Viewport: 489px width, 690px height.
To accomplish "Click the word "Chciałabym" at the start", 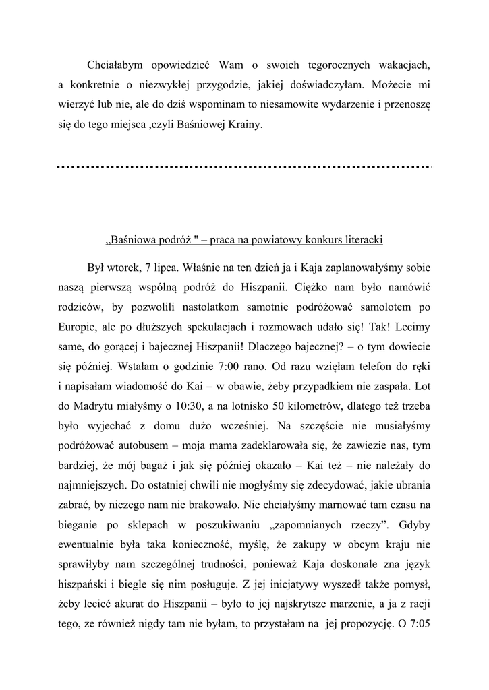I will click(x=115, y=65).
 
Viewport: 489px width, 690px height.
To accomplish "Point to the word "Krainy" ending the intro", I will click(x=248, y=125).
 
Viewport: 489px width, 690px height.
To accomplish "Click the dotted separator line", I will click(x=243, y=166).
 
